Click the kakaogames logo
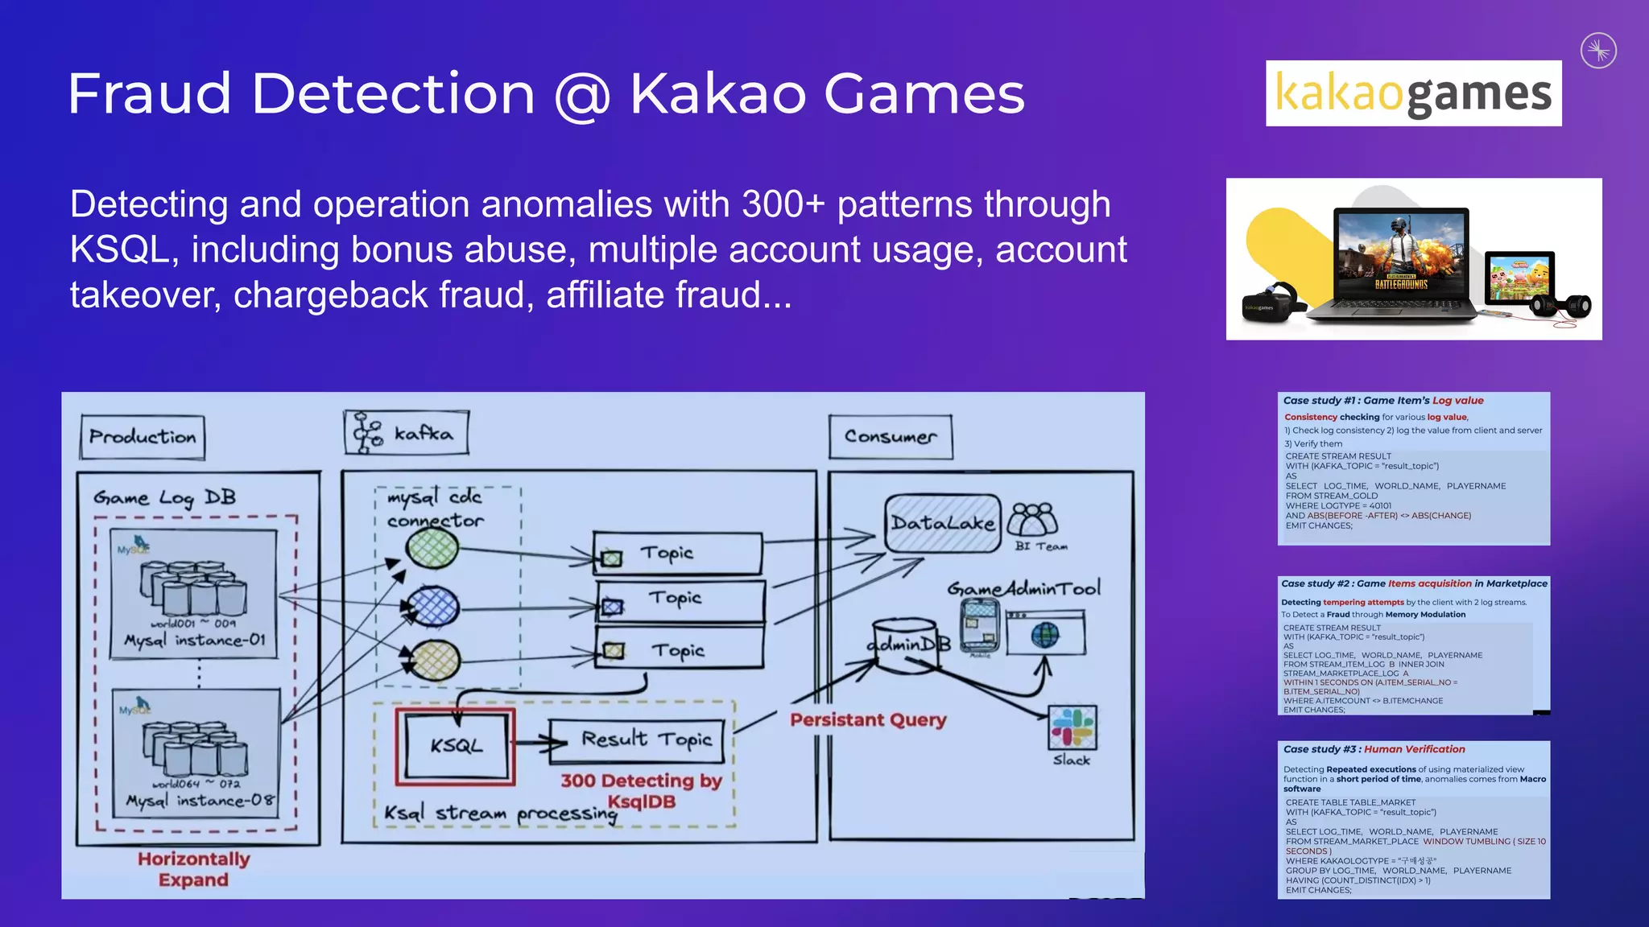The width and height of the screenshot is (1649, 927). [1413, 93]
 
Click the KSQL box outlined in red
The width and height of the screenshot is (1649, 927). [456, 746]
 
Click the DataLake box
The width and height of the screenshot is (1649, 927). [943, 524]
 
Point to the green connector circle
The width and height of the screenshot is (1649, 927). [432, 550]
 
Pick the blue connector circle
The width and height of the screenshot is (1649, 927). [433, 606]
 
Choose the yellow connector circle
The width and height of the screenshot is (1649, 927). [435, 661]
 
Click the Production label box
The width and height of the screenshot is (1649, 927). [143, 437]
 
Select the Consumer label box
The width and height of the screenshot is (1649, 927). [891, 437]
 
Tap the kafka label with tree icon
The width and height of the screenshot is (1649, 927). [407, 433]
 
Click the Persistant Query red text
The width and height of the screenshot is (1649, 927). [868, 719]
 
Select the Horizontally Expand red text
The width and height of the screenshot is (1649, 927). [193, 869]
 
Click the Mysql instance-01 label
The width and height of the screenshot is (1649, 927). [194, 641]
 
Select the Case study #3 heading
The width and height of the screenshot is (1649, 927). [1374, 749]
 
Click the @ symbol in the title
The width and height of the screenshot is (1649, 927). [582, 95]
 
